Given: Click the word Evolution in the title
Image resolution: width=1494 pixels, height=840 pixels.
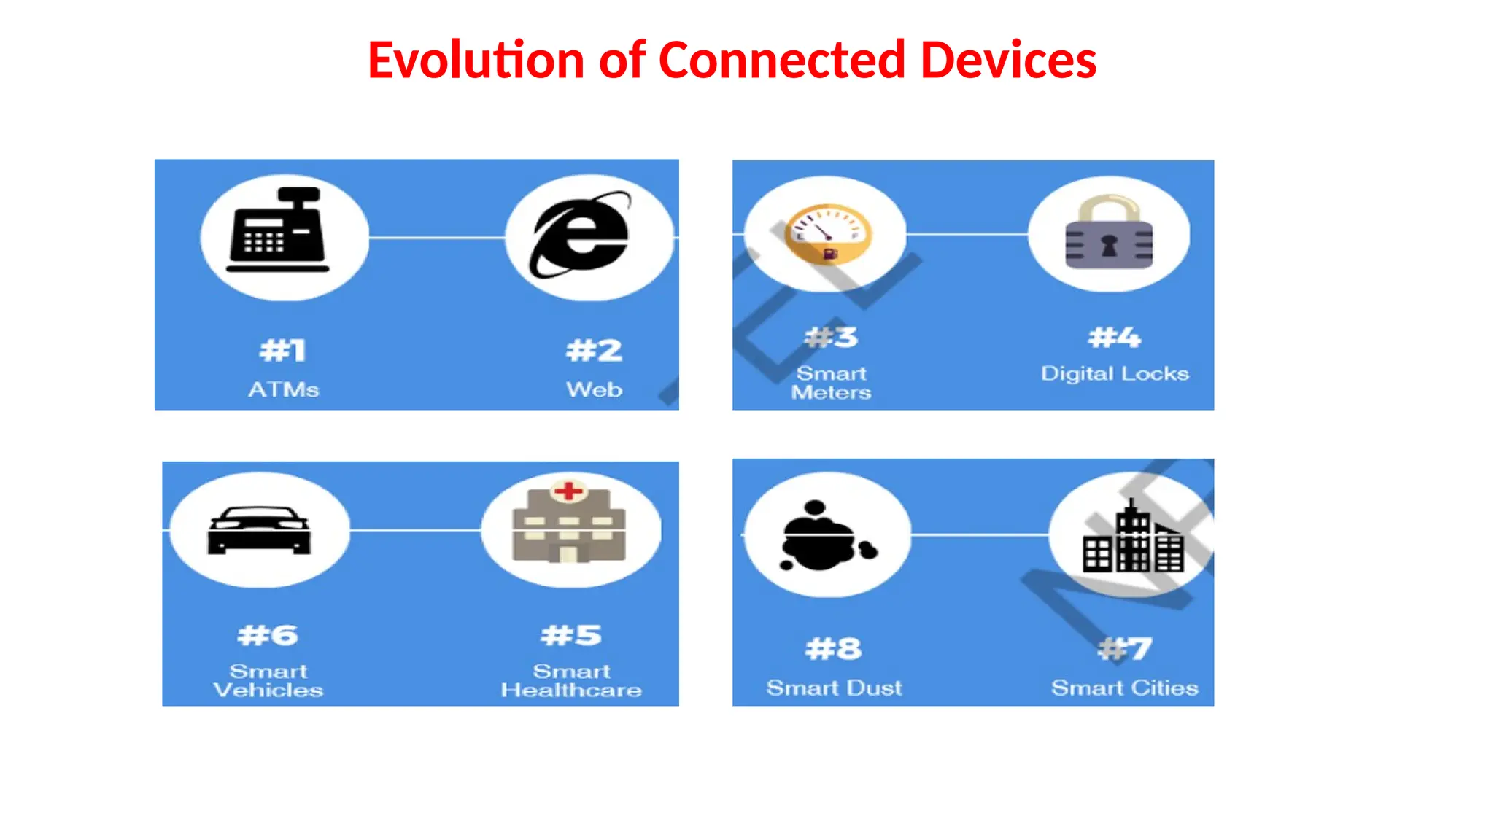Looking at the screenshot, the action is point(476,60).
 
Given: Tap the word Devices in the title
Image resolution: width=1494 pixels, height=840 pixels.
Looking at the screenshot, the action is point(1008,60).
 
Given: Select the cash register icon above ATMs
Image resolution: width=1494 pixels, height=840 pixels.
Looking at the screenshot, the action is point(278,230).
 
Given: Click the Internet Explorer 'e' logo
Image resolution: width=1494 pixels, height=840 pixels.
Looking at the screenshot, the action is point(582,235).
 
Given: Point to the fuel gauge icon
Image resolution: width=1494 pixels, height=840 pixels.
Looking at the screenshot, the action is point(827,233).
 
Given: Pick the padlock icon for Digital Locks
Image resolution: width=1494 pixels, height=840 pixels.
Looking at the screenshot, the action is point(1109,233).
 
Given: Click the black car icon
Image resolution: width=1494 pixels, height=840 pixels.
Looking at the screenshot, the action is point(259,530).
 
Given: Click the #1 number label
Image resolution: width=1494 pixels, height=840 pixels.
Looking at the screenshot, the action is point(282,351).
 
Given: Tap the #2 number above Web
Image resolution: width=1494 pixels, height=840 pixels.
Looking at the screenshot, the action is point(594,351).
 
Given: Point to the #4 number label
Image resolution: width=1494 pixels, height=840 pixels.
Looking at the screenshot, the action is point(1114,338).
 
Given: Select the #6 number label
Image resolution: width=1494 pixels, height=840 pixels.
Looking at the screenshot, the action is point(268,635).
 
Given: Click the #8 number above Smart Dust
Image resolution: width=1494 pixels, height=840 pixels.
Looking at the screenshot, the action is point(833,648).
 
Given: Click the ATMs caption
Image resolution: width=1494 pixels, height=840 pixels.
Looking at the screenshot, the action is point(283,389).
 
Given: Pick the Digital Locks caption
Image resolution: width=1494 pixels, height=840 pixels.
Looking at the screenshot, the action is point(1114,373).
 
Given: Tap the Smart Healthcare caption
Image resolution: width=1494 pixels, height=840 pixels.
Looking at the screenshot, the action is point(571,680).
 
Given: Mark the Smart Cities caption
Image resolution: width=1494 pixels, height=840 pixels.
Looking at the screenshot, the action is point(1124,688).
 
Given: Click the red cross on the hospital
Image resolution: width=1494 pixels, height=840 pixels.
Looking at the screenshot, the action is point(569,491).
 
